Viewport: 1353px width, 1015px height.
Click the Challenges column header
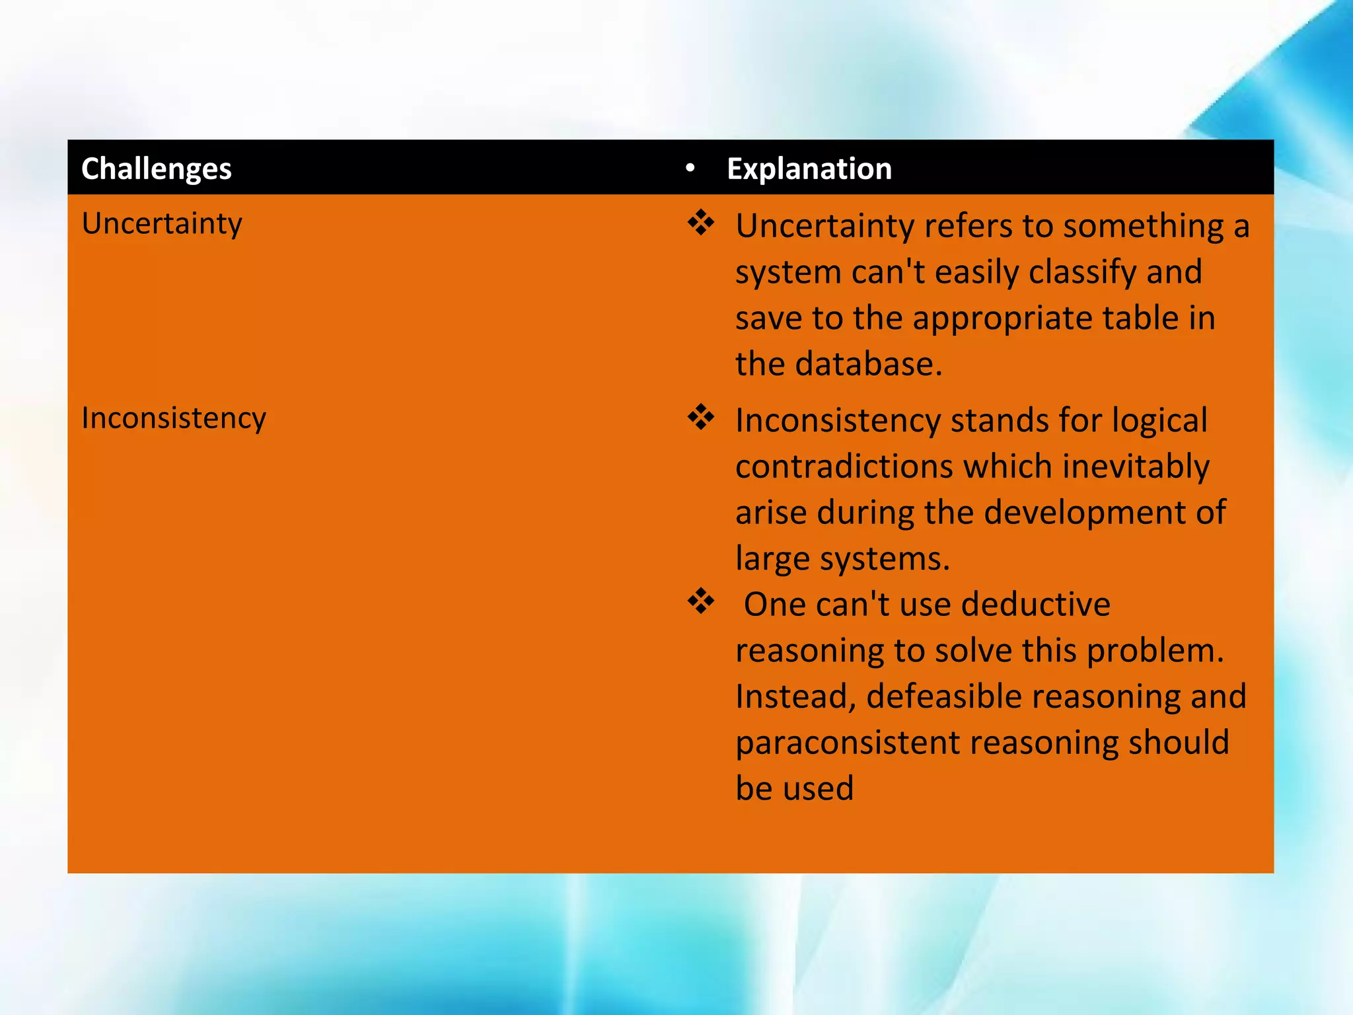point(156,169)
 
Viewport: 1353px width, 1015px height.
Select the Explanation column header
point(809,169)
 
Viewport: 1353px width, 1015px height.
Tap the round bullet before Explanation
point(690,169)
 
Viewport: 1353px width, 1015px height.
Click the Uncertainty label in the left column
point(162,223)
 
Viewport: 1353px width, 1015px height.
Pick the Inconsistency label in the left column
point(174,418)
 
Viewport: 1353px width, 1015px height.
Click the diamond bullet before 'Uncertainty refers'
point(700,223)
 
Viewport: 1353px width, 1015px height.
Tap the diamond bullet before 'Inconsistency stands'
point(700,418)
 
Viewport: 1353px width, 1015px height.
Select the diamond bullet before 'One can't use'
point(700,601)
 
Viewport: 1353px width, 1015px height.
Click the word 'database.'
point(868,364)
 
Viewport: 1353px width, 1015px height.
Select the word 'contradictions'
point(844,467)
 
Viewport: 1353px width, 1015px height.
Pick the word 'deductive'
point(1035,604)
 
